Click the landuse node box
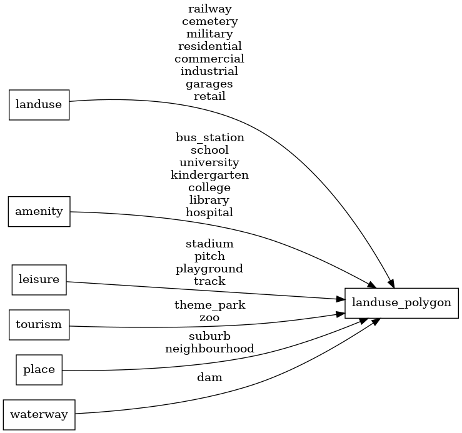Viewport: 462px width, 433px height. tap(39, 104)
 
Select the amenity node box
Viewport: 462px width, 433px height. tap(39, 211)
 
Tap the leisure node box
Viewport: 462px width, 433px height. tap(39, 279)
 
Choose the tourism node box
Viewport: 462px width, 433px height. tap(39, 324)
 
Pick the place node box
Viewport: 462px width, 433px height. tap(39, 369)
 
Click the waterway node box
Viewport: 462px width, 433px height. tap(39, 415)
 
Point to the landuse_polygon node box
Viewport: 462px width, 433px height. tap(401, 302)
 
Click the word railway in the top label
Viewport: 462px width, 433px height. tap(209, 9)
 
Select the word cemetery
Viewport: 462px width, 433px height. tap(209, 21)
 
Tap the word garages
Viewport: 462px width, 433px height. tap(209, 84)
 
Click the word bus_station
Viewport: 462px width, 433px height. tap(209, 137)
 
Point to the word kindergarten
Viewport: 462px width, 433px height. tap(209, 175)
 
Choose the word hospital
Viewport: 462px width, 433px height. tap(209, 212)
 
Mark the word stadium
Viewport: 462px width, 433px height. tap(209, 244)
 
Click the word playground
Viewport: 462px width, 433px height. tap(209, 269)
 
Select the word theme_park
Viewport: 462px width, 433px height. tap(209, 306)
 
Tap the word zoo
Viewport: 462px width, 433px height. tap(209, 317)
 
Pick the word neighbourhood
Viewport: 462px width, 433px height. tap(209, 349)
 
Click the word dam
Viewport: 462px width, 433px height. tap(209, 377)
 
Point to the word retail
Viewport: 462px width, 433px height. tap(209, 96)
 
